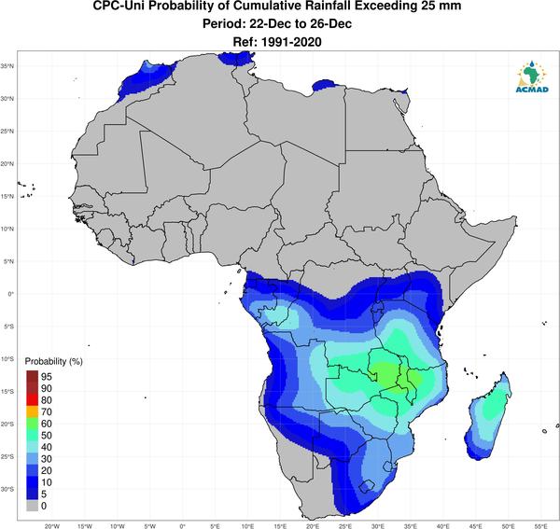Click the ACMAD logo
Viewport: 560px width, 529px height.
tap(532, 77)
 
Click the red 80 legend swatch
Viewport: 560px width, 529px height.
tap(32, 400)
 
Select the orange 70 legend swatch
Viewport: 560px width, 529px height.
tap(32, 411)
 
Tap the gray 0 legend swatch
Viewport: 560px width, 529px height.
tap(32, 506)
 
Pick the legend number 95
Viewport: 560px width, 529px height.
tap(47, 377)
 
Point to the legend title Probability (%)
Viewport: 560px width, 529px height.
tap(53, 361)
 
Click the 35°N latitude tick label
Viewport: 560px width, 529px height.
tap(7, 66)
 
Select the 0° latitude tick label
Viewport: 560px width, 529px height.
tap(10, 294)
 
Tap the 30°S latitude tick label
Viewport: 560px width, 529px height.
tap(7, 489)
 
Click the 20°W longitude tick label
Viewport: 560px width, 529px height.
tap(52, 526)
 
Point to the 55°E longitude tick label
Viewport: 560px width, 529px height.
tap(541, 526)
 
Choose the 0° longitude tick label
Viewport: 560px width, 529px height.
tap(183, 526)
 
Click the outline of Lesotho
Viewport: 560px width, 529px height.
tap(367, 480)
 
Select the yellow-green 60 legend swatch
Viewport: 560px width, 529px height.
tap(32, 424)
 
